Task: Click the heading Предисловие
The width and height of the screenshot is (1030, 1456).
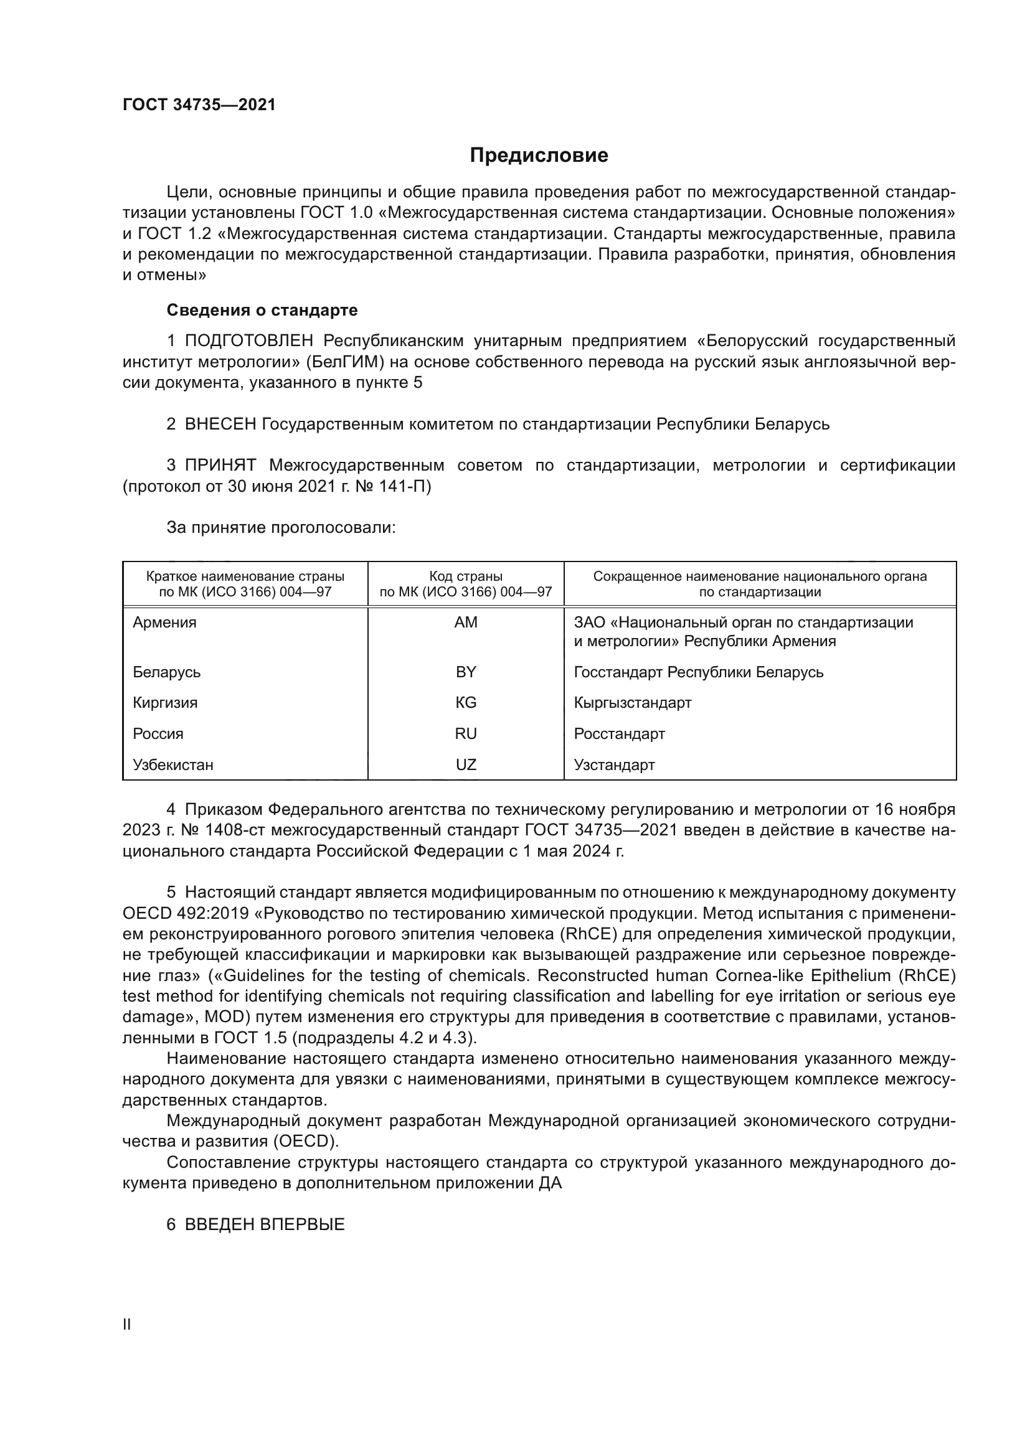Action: coord(539,156)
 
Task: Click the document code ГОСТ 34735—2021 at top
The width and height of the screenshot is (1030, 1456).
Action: coord(199,105)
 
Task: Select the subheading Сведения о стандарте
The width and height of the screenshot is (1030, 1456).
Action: coord(262,310)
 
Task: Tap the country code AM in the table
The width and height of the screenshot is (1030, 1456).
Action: coord(466,622)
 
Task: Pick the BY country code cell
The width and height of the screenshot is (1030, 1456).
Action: coord(466,672)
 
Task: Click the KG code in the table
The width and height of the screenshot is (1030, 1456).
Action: coord(466,703)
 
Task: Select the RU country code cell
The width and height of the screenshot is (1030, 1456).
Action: coord(466,734)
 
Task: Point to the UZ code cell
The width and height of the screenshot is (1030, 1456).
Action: coord(466,765)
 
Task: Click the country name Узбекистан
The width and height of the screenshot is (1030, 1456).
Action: coord(172,765)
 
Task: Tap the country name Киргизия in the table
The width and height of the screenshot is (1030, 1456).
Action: coord(165,703)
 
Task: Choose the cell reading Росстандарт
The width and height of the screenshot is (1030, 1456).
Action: coord(619,734)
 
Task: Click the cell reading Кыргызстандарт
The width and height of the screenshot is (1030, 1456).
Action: coord(632,703)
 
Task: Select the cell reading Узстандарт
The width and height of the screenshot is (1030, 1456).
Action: coord(614,765)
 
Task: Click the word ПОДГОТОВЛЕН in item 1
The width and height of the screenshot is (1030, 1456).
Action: coord(248,341)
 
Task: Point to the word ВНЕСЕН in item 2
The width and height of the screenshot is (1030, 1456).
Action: coord(220,424)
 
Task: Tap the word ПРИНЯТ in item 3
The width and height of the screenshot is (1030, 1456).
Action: coord(220,466)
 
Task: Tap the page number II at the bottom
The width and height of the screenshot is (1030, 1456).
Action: coord(126,1324)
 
